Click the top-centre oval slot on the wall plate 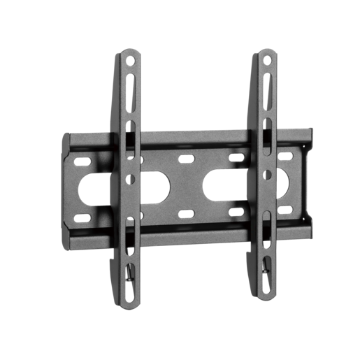point(186,159)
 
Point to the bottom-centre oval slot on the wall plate point(187,213)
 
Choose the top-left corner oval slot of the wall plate point(82,162)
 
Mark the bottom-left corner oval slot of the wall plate point(83,217)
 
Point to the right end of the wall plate point(308,178)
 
